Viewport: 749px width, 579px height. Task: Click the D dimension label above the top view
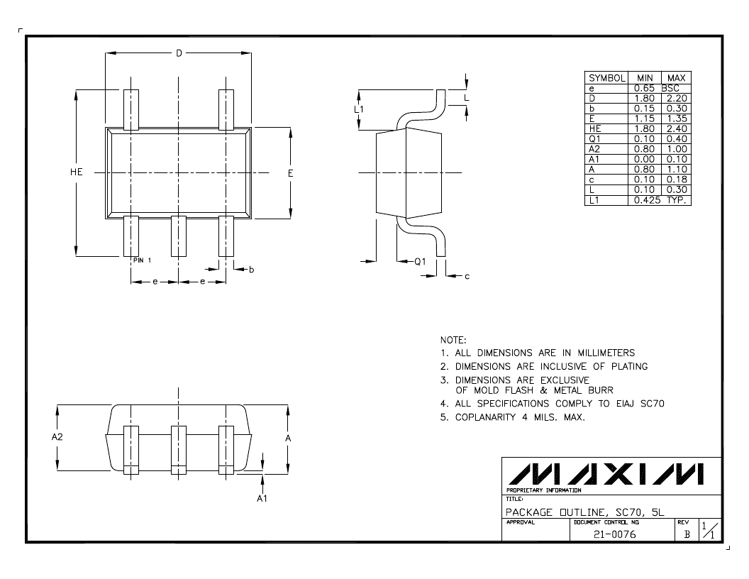[x=179, y=53]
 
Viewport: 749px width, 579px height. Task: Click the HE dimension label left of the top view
[x=77, y=172]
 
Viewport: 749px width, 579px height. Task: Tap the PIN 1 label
[x=142, y=260]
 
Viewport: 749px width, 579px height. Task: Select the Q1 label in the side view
[x=420, y=261]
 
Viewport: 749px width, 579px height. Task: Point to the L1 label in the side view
[x=359, y=109]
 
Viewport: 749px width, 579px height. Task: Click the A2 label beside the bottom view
[x=57, y=436]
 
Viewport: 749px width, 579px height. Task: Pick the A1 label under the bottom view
[x=262, y=498]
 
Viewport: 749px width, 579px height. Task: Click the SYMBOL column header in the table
[x=606, y=78]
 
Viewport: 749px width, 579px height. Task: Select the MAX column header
[x=677, y=78]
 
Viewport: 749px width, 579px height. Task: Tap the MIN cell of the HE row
[x=644, y=128]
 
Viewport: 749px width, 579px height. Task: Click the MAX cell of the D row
[x=677, y=99]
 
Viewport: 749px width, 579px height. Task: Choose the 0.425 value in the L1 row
[x=648, y=200]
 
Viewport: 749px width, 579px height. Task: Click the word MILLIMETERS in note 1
[x=606, y=353]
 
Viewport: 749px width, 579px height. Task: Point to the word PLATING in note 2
[x=630, y=366]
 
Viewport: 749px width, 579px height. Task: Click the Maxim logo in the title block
[x=605, y=474]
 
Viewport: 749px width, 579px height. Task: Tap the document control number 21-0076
[x=615, y=534]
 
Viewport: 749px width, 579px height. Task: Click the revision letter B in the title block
[x=687, y=534]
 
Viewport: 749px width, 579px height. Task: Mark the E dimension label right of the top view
[x=290, y=173]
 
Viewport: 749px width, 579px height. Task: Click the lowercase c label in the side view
[x=467, y=276]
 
